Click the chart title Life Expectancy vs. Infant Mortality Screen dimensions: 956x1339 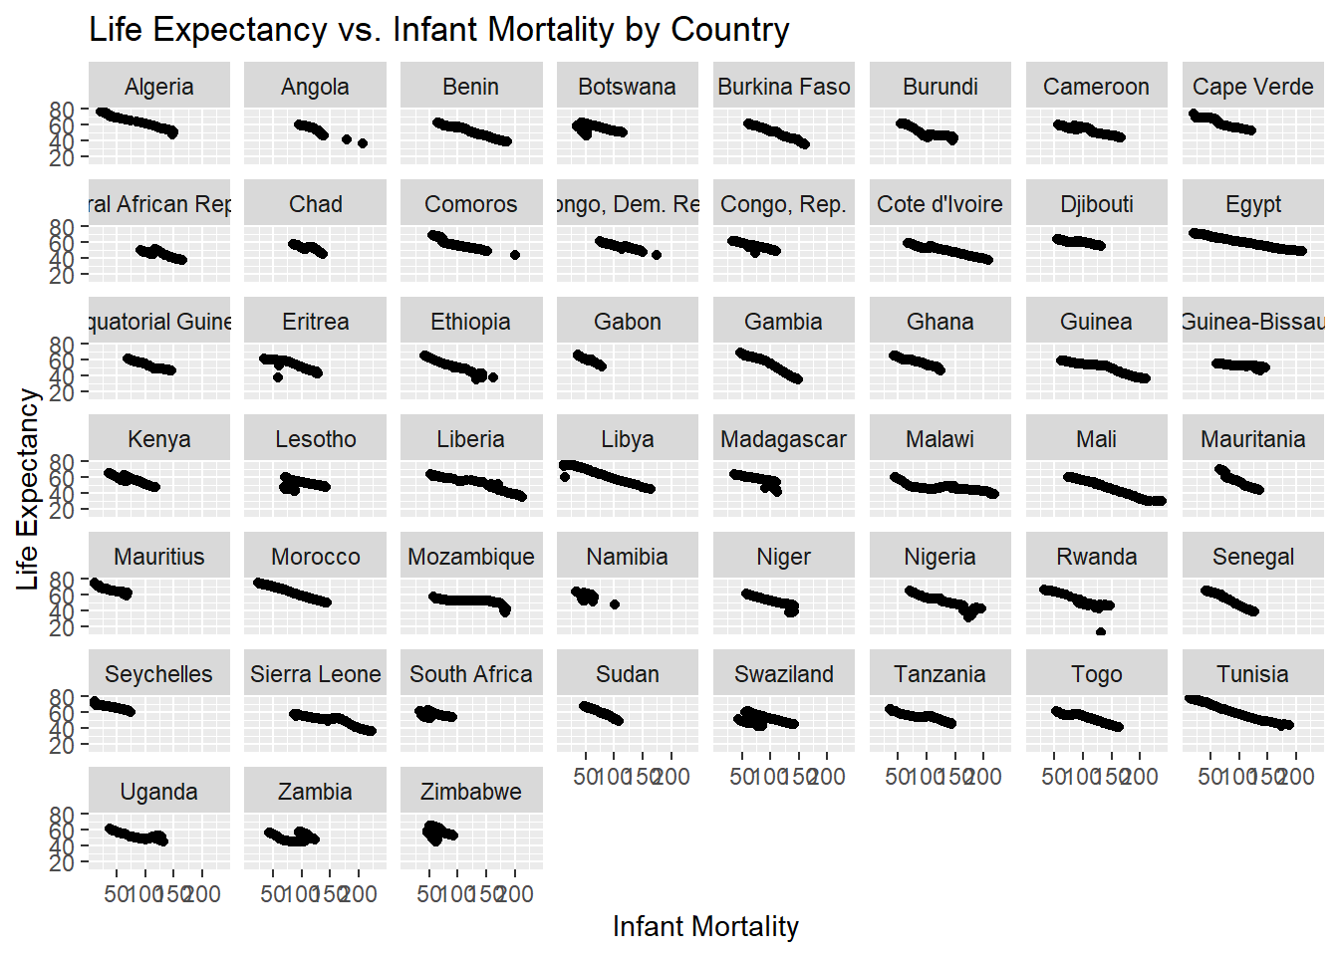coord(438,30)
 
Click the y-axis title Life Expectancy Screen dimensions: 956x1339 coord(27,489)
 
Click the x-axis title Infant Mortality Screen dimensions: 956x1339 coord(705,926)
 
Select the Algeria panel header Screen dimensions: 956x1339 coord(159,87)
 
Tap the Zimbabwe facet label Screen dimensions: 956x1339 coord(471,792)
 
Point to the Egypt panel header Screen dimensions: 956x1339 coord(1253,204)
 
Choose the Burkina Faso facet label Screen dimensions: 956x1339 coord(784,87)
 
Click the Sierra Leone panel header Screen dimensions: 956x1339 coord(316,674)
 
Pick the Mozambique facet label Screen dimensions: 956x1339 coord(471,557)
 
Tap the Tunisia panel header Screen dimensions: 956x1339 coord(1253,674)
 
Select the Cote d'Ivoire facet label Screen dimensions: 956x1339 coord(940,204)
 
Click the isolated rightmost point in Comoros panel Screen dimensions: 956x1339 coord(515,255)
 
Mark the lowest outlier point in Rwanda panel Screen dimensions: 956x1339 coord(1101,631)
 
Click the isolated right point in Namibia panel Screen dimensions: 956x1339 coord(615,604)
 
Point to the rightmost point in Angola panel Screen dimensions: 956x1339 coord(363,143)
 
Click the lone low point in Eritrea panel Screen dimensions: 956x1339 coord(278,377)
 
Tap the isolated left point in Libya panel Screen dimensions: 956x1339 coord(565,477)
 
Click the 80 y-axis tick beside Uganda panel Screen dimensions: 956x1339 coord(63,815)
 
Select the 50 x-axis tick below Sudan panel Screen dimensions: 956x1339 coord(586,777)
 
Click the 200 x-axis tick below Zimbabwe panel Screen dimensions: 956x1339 coord(515,894)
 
